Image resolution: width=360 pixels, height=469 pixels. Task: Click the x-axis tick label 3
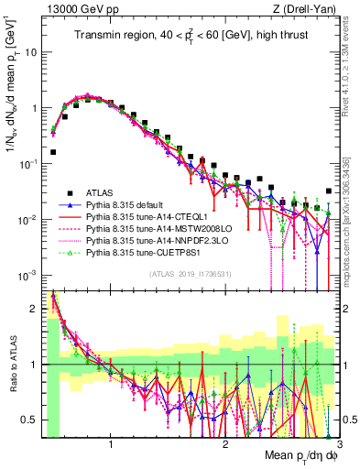pyautogui.click(x=339, y=442)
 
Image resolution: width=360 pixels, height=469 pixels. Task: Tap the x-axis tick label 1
pyautogui.click(x=111, y=442)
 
